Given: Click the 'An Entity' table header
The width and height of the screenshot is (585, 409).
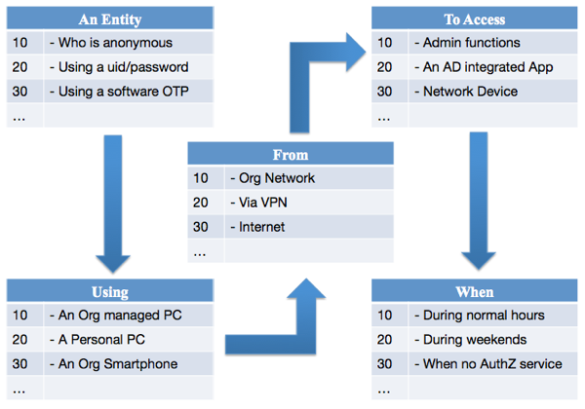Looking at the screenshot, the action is [x=110, y=19].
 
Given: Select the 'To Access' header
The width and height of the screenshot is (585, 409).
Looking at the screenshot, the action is [x=474, y=19].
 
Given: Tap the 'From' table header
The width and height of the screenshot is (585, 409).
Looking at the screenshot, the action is [x=291, y=155].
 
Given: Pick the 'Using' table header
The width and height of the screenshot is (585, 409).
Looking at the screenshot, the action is [x=110, y=292].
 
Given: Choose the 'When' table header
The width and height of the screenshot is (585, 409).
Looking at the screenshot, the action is [x=475, y=292].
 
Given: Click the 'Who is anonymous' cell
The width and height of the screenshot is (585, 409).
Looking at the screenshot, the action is [x=115, y=43].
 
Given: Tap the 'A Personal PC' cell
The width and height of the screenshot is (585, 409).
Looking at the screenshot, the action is [x=101, y=339].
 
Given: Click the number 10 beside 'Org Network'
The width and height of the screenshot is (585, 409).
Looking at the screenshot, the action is [x=201, y=178].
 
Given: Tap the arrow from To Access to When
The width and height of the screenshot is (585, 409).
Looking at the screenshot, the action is [x=479, y=202].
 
